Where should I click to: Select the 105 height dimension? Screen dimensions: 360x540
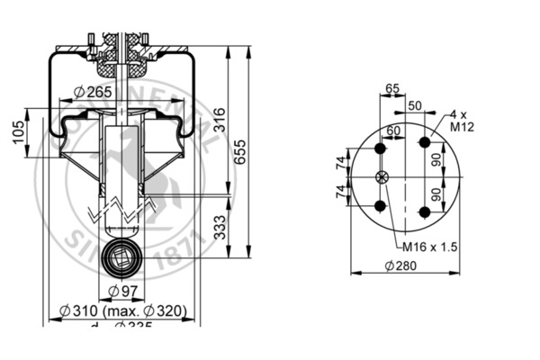(17, 134)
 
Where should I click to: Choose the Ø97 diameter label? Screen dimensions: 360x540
(121, 290)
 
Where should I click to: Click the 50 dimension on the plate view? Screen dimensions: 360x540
(414, 105)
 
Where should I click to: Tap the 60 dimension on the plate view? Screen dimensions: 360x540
(393, 131)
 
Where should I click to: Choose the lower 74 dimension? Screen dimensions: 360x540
(339, 193)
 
